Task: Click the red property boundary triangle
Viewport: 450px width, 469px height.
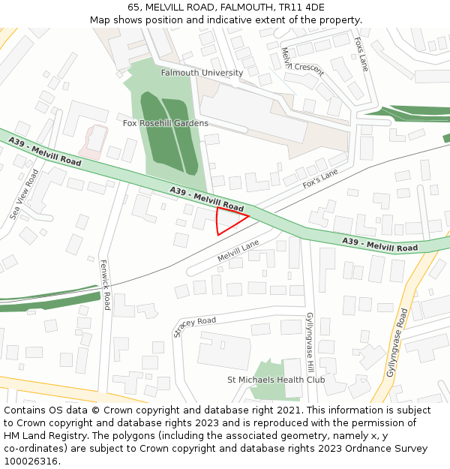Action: [x=227, y=221]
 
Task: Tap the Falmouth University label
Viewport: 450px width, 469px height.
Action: [x=202, y=73]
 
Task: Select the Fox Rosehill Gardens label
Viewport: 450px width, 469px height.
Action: [x=166, y=122]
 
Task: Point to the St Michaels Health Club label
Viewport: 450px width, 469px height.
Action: [x=276, y=380]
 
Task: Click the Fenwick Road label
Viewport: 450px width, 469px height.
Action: [x=106, y=284]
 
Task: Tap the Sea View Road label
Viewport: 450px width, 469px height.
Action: [x=24, y=194]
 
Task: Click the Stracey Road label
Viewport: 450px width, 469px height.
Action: [x=194, y=326]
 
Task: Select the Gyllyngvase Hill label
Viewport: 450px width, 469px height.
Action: [x=309, y=342]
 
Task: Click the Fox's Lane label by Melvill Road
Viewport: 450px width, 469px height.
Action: [x=320, y=178]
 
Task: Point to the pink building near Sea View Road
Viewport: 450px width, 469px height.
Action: [x=94, y=141]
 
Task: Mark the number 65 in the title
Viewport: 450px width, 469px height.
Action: [x=133, y=8]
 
